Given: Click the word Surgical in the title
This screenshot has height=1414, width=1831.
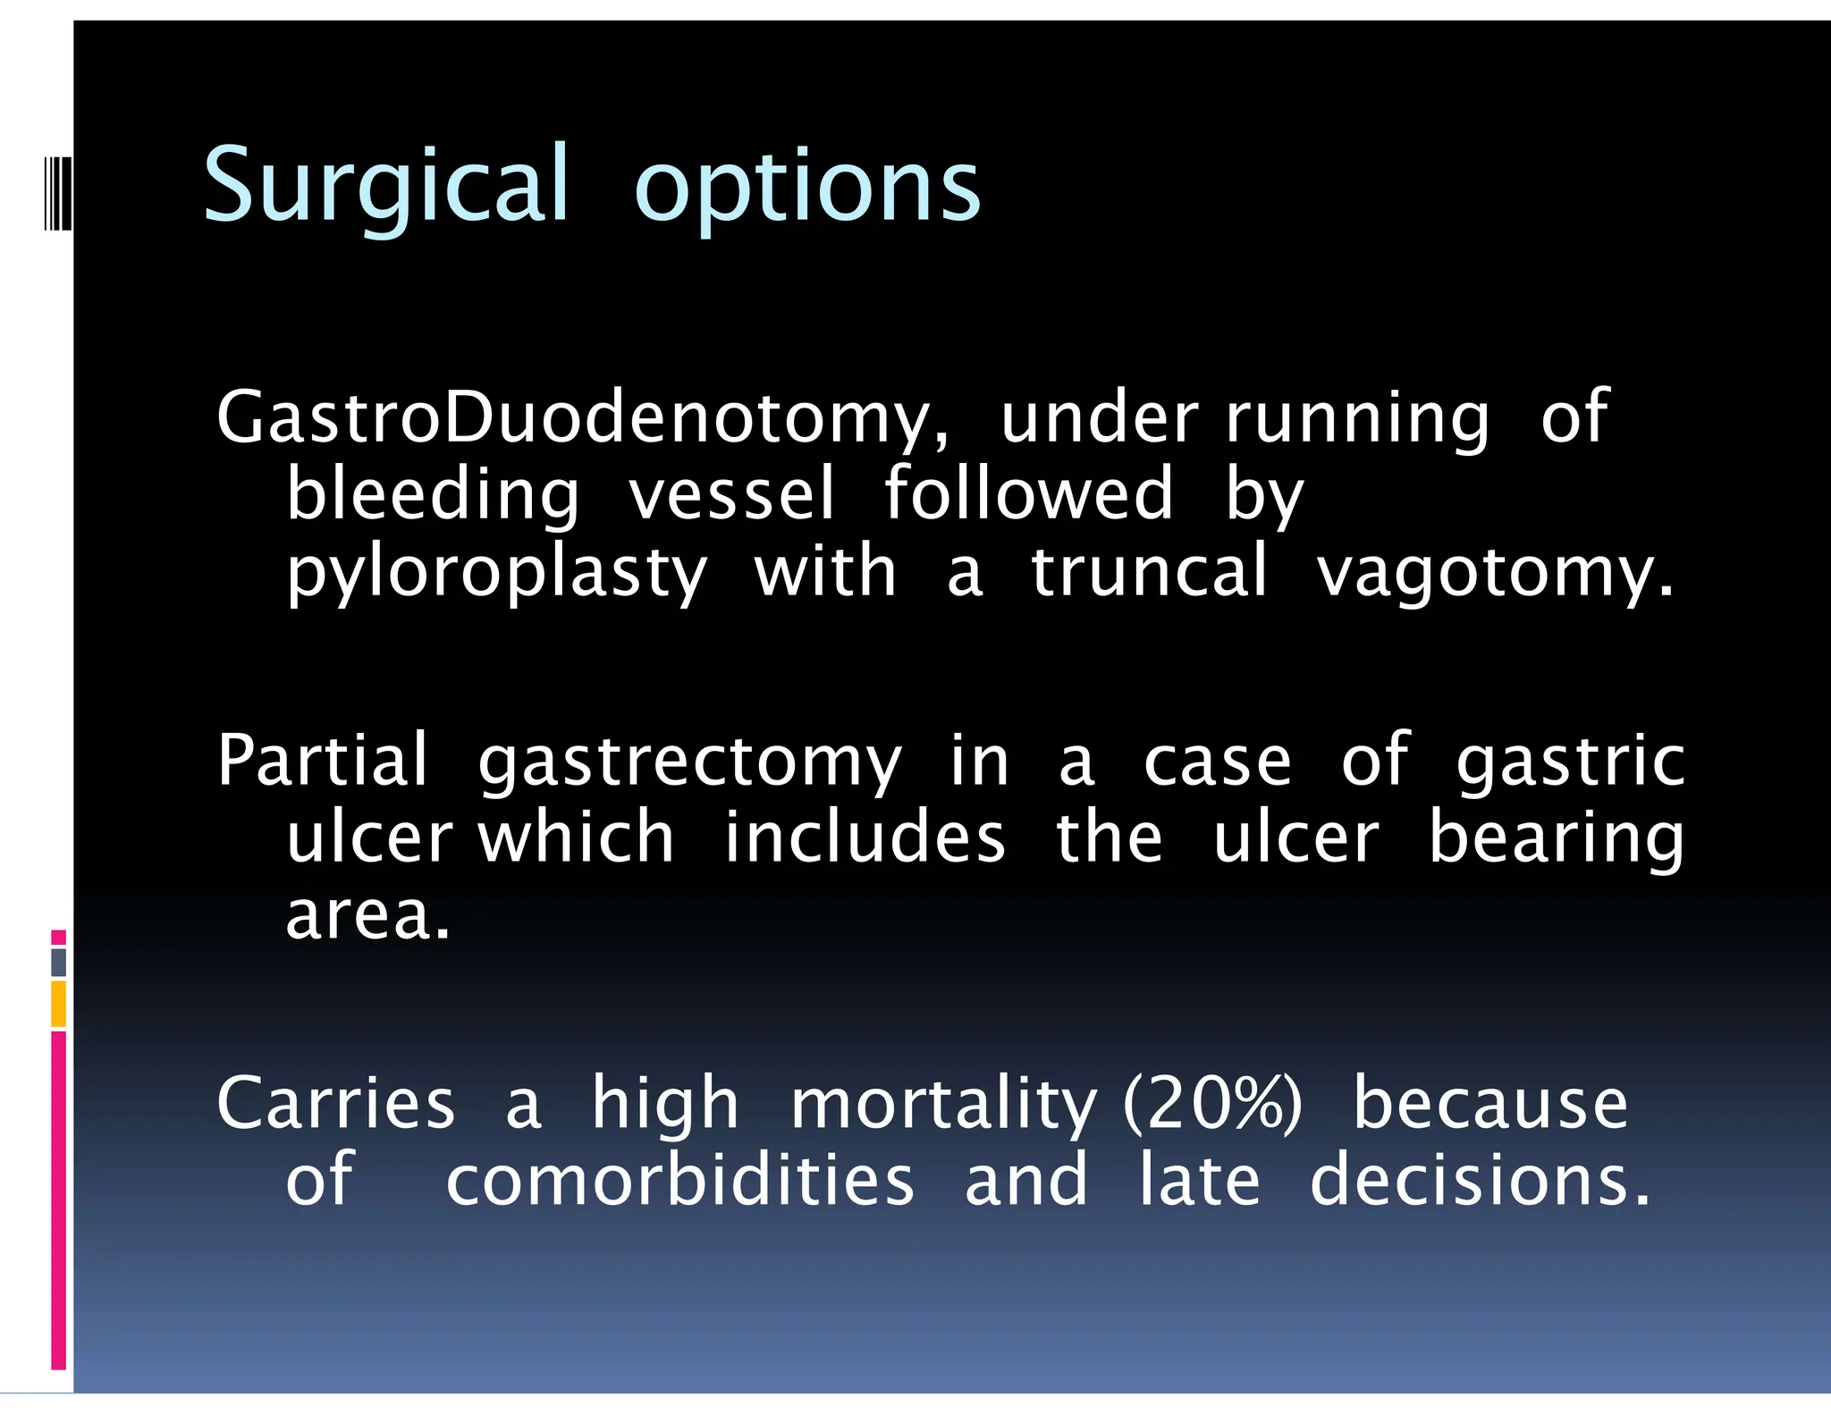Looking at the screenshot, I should click(385, 186).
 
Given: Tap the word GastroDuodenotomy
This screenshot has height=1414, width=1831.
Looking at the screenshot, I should click(582, 418).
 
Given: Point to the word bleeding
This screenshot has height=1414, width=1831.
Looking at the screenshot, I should click(433, 494).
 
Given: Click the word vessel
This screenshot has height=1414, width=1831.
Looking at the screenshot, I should click(731, 494).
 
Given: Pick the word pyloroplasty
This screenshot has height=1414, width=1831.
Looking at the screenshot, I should click(496, 573).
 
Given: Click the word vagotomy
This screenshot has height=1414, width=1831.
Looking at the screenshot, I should click(1494, 573).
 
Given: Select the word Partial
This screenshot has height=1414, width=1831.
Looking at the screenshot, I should click(323, 760).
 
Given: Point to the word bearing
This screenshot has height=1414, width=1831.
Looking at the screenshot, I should click(1556, 839).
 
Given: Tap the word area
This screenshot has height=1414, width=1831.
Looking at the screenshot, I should click(367, 915).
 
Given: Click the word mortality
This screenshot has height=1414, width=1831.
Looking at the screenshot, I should click(943, 1105).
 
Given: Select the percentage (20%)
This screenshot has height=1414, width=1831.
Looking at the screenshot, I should click(1212, 1105).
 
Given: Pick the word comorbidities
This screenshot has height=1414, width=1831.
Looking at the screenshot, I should click(679, 1180).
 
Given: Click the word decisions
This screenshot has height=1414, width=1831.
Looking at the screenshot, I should click(1479, 1180).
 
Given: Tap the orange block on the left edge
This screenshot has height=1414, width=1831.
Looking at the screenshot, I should click(58, 1004).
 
